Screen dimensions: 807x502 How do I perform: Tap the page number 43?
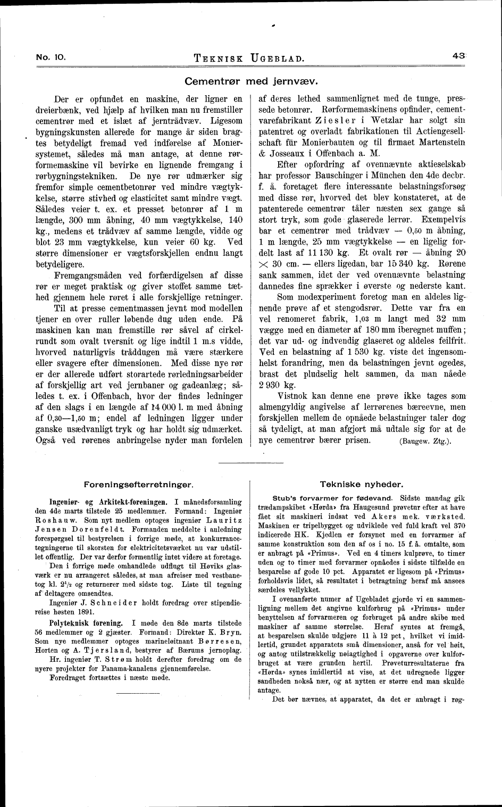coord(459,55)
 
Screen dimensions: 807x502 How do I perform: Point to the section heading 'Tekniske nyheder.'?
coord(362,484)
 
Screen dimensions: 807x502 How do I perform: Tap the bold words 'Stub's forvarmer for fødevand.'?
coord(332,498)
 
